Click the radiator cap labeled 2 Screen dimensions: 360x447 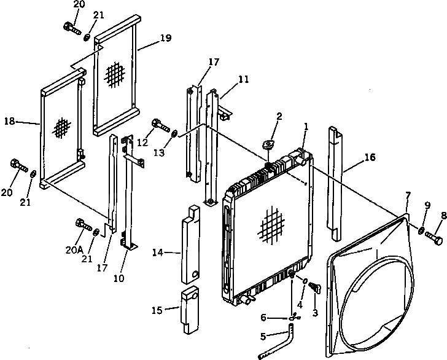268,145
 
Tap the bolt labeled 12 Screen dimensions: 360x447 158,125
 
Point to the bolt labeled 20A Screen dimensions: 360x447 82,225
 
